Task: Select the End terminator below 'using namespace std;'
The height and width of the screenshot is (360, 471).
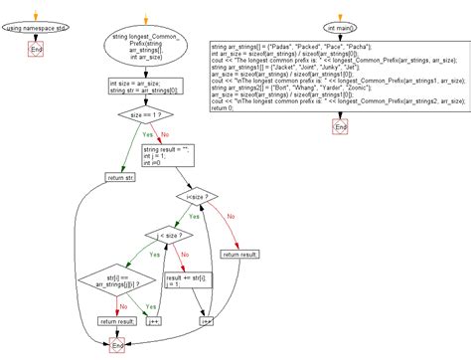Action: [x=37, y=49]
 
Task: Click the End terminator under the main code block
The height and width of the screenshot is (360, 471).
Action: [x=341, y=128]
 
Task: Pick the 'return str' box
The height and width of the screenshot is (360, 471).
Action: [x=120, y=178]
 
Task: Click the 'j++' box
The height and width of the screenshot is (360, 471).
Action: [x=156, y=321]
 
